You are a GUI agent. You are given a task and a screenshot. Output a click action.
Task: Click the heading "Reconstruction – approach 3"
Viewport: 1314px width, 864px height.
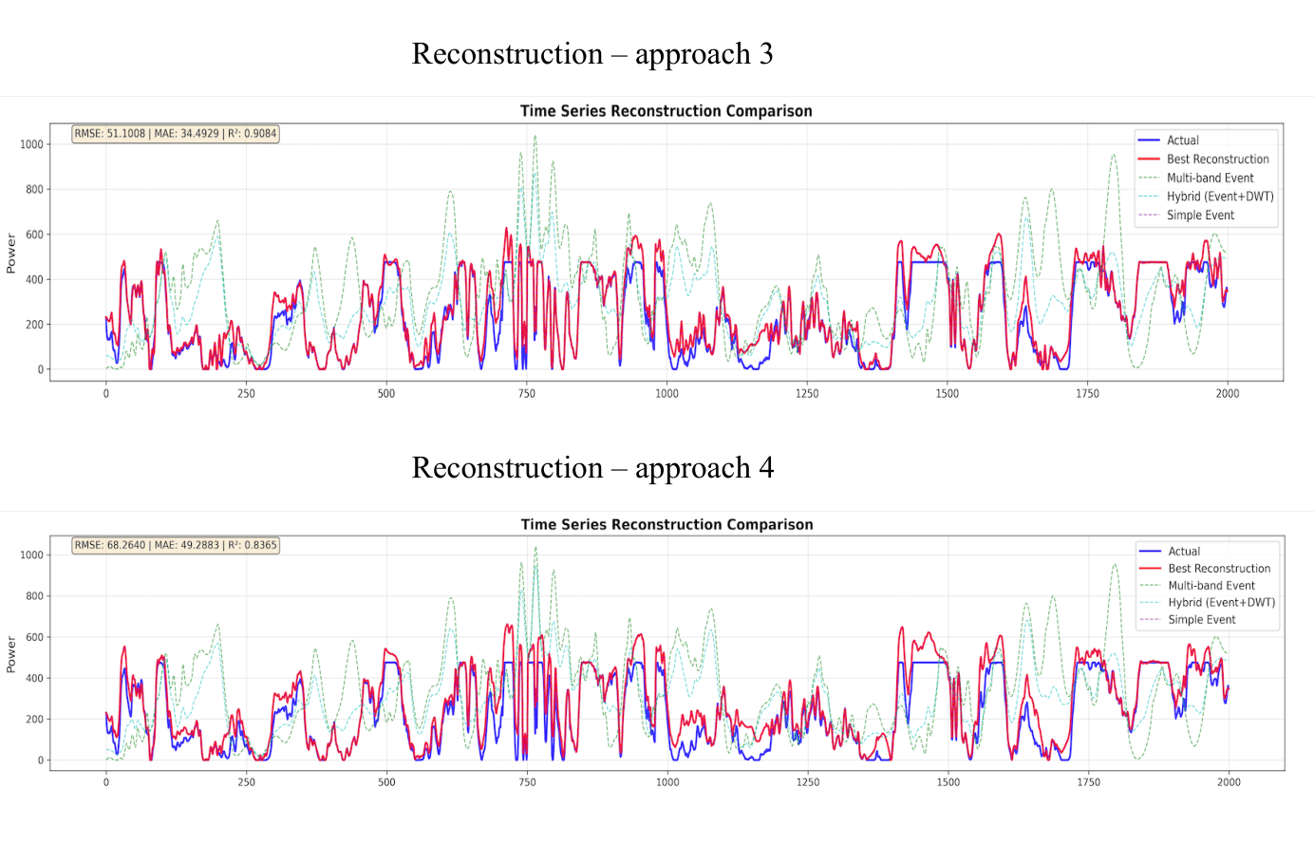point(591,54)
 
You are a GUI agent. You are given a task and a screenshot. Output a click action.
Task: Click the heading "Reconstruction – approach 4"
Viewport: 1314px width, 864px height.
point(591,468)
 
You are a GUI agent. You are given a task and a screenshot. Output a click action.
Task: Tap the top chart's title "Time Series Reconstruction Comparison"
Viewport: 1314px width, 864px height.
point(666,111)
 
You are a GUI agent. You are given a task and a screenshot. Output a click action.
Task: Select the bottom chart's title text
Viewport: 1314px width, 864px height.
point(666,524)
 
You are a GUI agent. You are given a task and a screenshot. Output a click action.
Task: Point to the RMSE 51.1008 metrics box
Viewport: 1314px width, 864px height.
point(176,134)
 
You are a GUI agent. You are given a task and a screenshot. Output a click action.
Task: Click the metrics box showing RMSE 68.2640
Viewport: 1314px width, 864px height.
point(176,545)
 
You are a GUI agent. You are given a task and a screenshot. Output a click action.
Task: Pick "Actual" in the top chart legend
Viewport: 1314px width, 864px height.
point(1182,141)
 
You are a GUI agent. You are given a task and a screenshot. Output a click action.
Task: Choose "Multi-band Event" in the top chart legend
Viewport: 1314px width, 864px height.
point(1210,178)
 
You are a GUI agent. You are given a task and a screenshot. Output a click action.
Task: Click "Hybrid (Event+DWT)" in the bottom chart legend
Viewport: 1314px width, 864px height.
point(1221,602)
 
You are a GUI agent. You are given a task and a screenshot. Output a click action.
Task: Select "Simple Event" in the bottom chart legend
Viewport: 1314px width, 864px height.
point(1201,620)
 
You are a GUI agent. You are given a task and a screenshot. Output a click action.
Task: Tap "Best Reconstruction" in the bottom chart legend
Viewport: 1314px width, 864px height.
point(1218,569)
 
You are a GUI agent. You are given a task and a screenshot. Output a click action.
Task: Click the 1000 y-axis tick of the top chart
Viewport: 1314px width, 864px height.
point(32,144)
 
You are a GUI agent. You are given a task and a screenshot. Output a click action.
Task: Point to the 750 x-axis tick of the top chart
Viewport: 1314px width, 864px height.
point(527,393)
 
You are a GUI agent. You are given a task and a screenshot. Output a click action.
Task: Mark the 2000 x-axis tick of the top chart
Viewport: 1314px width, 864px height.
point(1228,393)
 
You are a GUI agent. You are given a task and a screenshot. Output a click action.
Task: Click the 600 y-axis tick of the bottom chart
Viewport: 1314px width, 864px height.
point(34,637)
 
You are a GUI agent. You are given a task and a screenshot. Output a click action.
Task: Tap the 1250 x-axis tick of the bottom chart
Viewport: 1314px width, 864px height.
point(808,782)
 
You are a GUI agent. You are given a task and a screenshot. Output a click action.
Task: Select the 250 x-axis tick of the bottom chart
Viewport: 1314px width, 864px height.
point(246,782)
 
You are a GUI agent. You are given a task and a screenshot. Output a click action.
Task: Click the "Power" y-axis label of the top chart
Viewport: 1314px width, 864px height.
point(11,254)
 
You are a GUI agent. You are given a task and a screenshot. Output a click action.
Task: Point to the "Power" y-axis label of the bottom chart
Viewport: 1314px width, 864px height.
point(11,655)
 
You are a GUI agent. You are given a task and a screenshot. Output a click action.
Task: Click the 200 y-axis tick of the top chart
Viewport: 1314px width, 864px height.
point(34,325)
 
